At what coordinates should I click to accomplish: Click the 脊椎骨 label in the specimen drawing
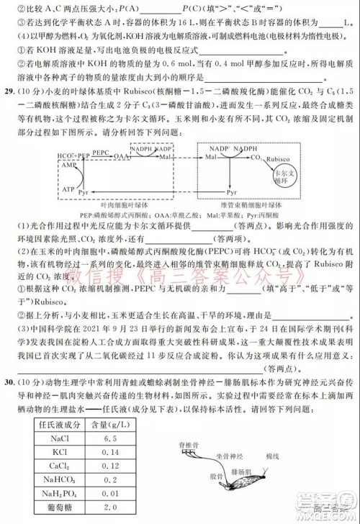(187, 444)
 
